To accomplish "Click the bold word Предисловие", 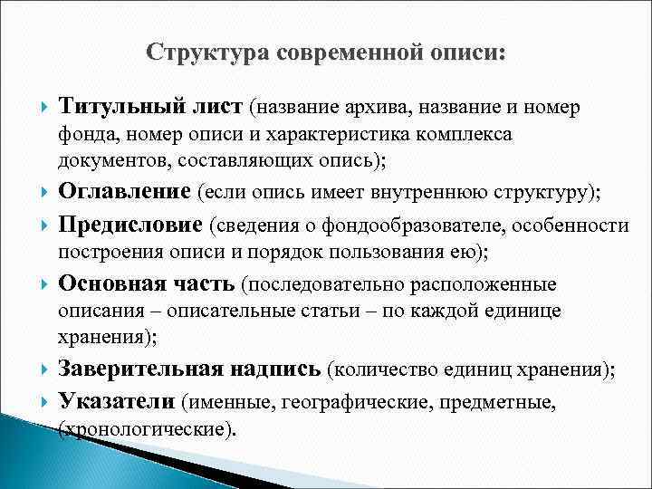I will (131, 223).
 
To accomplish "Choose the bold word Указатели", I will (117, 400).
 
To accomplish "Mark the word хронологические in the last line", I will (145, 427).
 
